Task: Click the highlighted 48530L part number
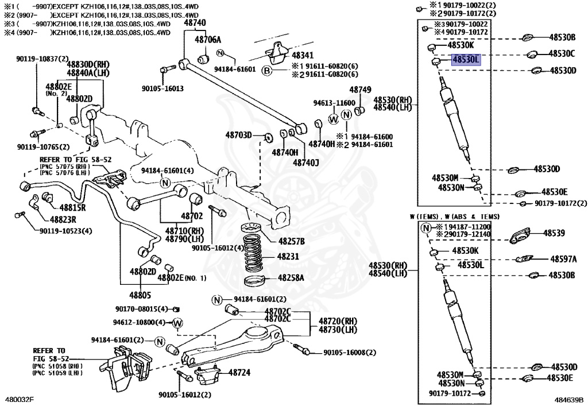point(465,59)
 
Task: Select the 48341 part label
point(303,56)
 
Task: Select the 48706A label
point(207,40)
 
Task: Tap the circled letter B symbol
point(266,71)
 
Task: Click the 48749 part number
point(361,90)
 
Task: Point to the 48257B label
point(292,240)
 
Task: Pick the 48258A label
point(291,277)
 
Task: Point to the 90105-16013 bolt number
point(163,88)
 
